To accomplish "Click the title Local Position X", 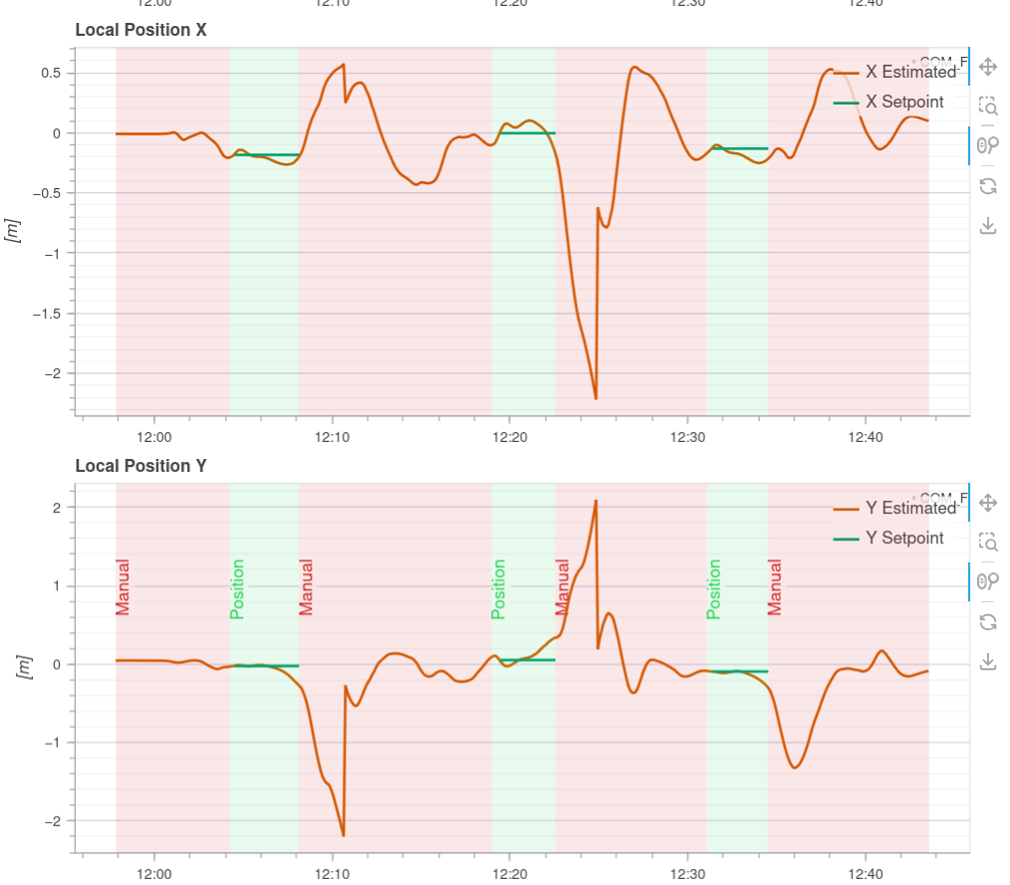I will (x=140, y=30).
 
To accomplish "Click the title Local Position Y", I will (x=140, y=466).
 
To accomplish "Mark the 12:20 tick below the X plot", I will (x=510, y=437).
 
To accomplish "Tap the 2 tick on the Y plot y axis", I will (x=57, y=508).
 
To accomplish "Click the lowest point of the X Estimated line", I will (x=596, y=398).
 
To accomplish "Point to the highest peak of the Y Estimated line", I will (x=596, y=501).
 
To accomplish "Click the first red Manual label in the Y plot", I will (x=123, y=587).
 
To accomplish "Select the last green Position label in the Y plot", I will (x=713, y=589).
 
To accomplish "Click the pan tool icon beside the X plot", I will (x=988, y=67).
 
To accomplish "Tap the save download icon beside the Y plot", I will (x=988, y=661).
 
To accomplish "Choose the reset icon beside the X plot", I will (x=988, y=186).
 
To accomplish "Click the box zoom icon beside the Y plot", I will (x=988, y=542).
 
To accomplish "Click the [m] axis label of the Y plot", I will (x=25, y=667).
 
